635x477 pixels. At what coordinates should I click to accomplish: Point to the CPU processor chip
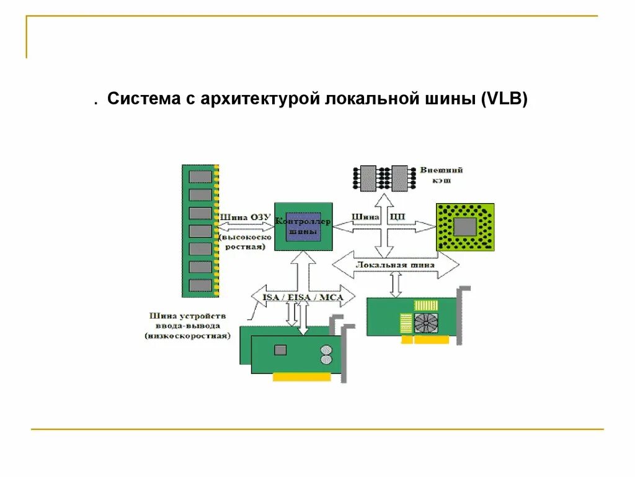[465, 227]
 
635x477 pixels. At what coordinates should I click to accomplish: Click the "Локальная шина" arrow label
[395, 265]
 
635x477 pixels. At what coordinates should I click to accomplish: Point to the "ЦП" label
[397, 217]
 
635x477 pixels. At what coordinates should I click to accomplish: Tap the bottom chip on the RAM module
[200, 284]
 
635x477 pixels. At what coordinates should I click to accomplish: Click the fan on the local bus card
[425, 324]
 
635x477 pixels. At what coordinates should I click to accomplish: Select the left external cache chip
[368, 178]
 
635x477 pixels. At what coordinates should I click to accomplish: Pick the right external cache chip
[400, 178]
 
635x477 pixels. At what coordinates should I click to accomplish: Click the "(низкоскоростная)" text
[188, 335]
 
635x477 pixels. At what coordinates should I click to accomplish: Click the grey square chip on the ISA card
[281, 350]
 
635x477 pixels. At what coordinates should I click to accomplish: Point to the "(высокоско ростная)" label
[243, 242]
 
